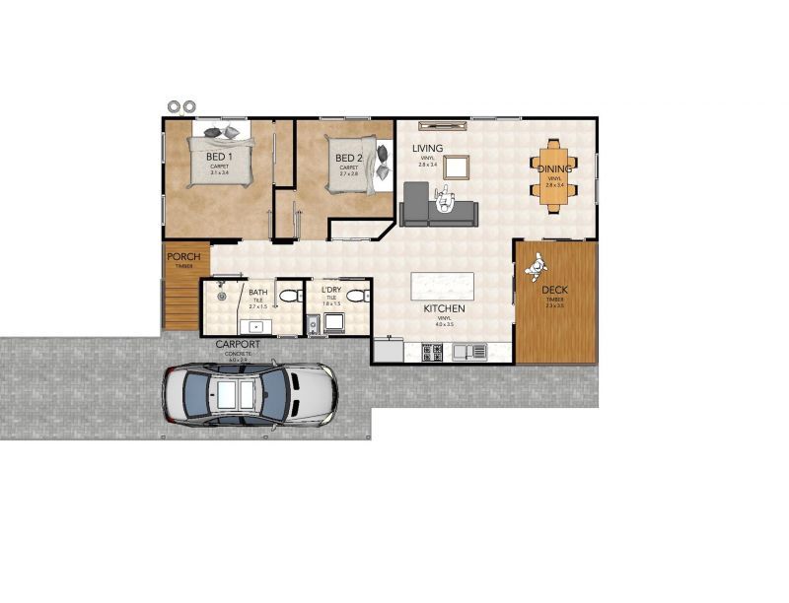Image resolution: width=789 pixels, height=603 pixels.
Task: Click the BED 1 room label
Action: (219, 157)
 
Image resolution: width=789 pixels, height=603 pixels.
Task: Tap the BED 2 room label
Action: (349, 158)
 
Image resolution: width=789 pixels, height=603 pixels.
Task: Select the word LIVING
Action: (428, 149)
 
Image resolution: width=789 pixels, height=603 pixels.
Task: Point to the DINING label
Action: (553, 168)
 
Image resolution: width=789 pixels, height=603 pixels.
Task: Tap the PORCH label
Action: (183, 257)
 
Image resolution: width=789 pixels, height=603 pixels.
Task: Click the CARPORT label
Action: (238, 344)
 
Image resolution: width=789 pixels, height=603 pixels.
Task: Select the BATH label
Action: (257, 293)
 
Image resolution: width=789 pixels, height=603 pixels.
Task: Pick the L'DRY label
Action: (331, 290)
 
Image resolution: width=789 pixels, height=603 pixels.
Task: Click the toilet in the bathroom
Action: (287, 297)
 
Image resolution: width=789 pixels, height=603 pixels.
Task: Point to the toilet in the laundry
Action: (356, 296)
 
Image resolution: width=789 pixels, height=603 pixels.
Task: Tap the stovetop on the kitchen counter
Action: (432, 351)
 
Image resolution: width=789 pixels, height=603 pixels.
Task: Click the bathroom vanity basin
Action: (256, 325)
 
